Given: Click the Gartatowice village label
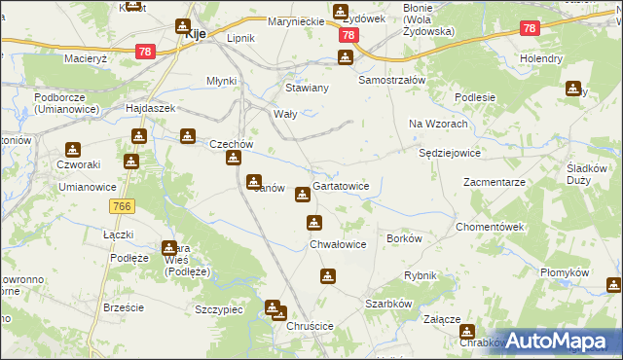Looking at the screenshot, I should (x=341, y=186).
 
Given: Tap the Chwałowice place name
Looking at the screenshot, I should (x=338, y=244).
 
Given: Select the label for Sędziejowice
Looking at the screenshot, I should (x=449, y=153).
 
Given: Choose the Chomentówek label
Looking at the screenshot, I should (x=491, y=226).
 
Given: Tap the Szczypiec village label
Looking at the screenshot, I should (x=218, y=308).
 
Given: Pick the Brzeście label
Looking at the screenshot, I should (x=124, y=307).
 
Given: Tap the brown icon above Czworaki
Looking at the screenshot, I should (x=72, y=150).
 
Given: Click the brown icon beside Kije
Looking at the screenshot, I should (x=183, y=27).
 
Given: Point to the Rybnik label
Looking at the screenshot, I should (x=421, y=275).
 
